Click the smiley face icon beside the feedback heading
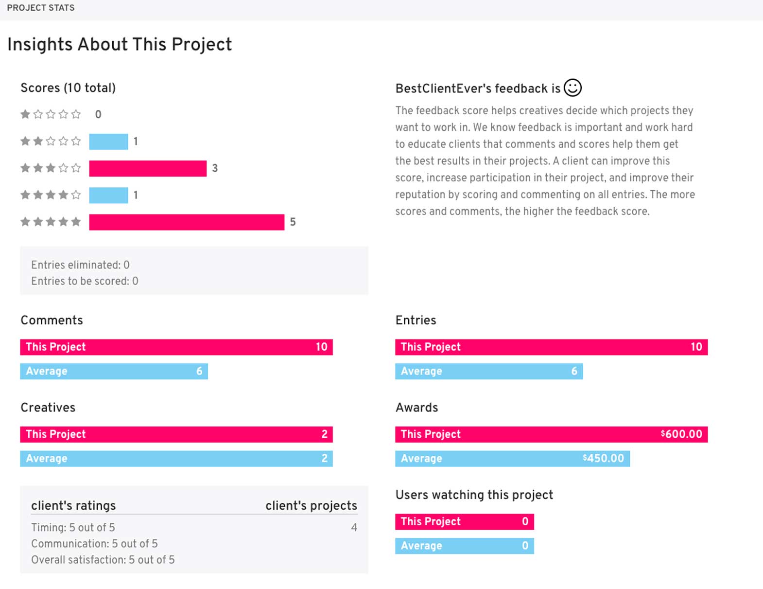point(572,88)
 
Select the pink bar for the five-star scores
point(187,222)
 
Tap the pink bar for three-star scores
point(148,168)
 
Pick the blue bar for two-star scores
point(108,142)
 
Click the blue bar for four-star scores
point(108,195)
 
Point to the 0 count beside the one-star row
point(98,114)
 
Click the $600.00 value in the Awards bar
point(681,434)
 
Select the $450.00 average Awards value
point(603,458)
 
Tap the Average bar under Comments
point(114,371)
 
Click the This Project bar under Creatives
point(176,434)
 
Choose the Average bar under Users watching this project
point(464,546)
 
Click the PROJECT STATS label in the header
point(41,8)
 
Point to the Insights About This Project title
point(120,44)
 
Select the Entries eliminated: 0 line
point(80,265)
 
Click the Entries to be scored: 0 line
point(85,281)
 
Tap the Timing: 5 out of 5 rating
point(73,527)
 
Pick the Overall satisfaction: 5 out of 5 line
point(103,559)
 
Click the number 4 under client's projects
point(354,527)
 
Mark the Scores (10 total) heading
point(68,88)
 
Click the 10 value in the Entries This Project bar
point(696,347)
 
